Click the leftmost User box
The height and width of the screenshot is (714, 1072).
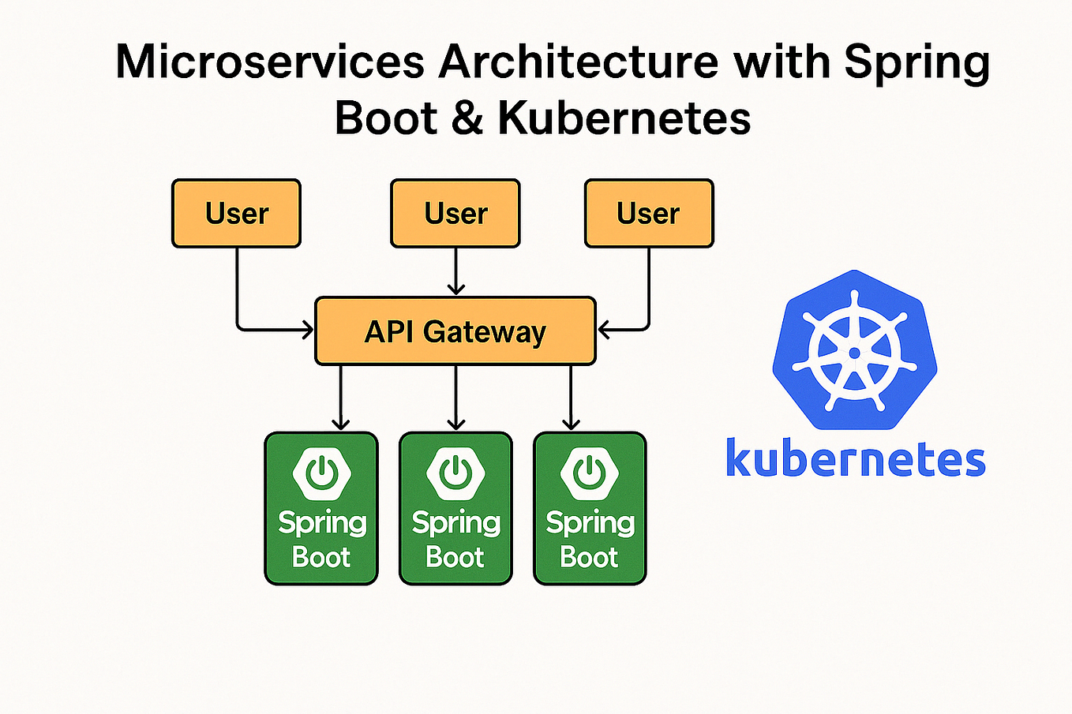(236, 213)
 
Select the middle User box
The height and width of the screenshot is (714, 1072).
(455, 213)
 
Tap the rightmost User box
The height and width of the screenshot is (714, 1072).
(649, 213)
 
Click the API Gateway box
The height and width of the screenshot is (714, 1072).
(455, 331)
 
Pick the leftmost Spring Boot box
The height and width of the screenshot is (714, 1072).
(321, 509)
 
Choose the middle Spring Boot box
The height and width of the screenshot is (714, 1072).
(455, 509)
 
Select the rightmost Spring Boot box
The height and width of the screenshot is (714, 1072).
(590, 509)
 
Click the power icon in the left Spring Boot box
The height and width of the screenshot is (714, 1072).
(321, 473)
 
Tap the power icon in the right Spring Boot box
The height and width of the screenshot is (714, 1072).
(590, 473)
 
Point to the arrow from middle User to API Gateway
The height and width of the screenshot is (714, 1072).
(455, 272)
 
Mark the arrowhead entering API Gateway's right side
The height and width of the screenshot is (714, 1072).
(604, 330)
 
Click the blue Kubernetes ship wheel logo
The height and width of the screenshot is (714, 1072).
(854, 351)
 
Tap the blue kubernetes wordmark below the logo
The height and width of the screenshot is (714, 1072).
(855, 459)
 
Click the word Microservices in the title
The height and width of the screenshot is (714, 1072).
(269, 62)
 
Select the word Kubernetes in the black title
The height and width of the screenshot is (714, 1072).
(624, 118)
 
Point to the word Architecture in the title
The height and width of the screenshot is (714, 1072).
(578, 62)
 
